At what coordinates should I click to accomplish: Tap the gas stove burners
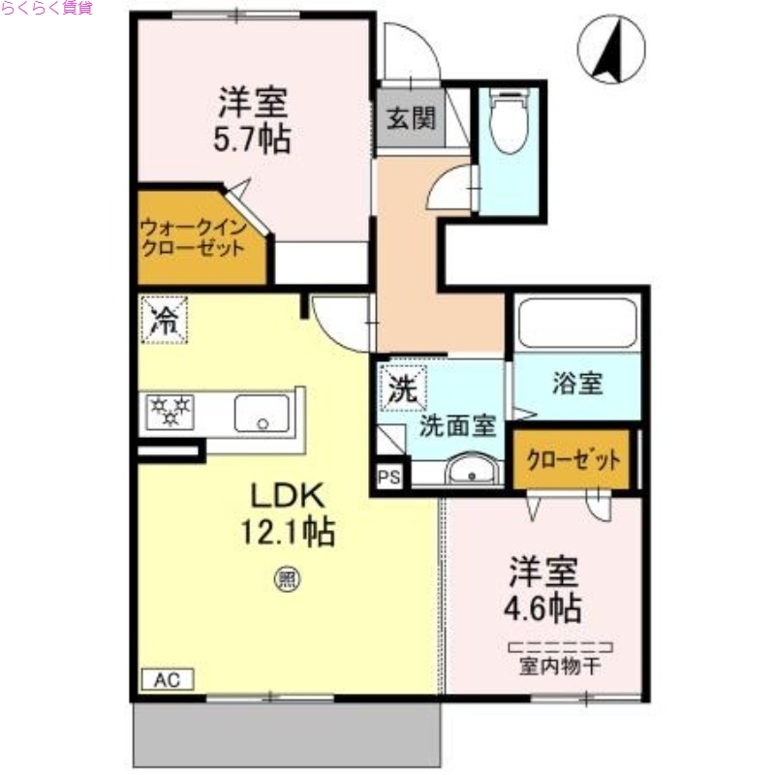(x=170, y=412)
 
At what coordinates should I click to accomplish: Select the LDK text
(x=288, y=496)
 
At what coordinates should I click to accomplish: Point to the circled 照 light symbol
(x=288, y=579)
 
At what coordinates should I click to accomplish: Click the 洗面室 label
(x=458, y=425)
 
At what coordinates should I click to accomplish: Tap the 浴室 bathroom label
(x=578, y=384)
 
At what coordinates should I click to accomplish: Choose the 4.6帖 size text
(x=543, y=607)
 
